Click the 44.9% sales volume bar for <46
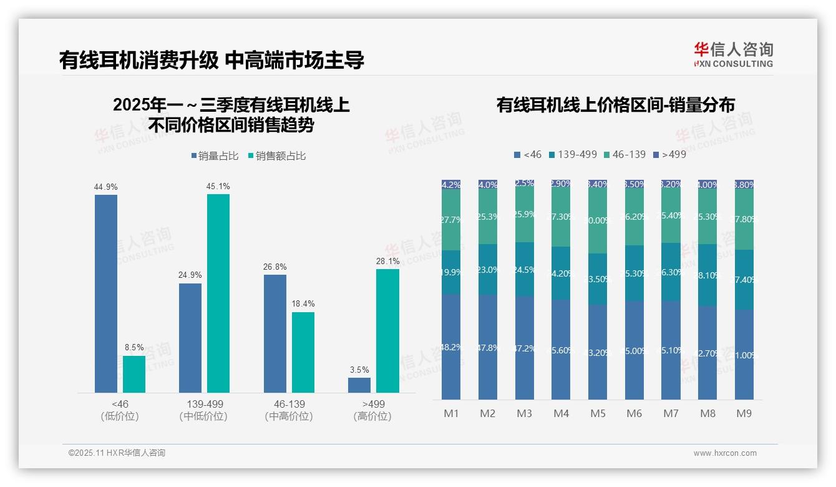[x=106, y=293]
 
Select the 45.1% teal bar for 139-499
[x=218, y=293]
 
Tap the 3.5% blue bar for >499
[x=359, y=385]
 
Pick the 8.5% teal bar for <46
[x=134, y=374]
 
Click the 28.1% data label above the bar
[x=387, y=262]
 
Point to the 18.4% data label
[x=303, y=304]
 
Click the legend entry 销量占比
[x=215, y=156]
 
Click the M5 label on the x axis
[x=598, y=413]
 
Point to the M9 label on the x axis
[x=744, y=413]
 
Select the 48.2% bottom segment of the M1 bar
[x=451, y=347]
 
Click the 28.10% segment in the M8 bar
[x=707, y=275]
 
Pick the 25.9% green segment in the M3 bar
[x=525, y=215]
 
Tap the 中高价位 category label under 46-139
[x=289, y=416]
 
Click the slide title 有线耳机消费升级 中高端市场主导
[x=211, y=60]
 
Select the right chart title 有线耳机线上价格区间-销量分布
[x=615, y=104]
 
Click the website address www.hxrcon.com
[x=725, y=453]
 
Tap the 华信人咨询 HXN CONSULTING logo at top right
[x=733, y=54]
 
